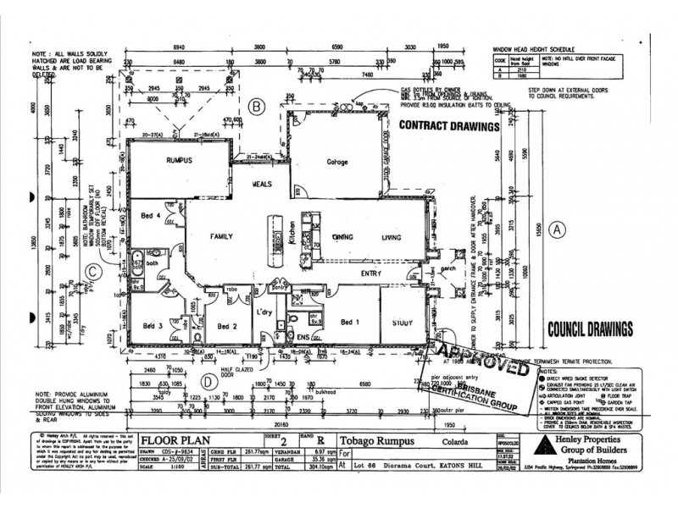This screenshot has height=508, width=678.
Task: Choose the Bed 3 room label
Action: pos(153,325)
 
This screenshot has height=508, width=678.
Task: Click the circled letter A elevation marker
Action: pos(557,229)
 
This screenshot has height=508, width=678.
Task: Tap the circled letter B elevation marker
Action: pos(258,106)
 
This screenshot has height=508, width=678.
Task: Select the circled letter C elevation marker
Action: pos(95,271)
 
